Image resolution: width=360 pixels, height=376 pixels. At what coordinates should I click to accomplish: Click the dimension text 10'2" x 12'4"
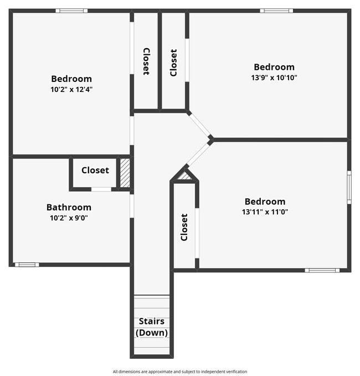click(x=71, y=89)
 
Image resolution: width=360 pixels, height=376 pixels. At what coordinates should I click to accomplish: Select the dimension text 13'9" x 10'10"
click(x=274, y=78)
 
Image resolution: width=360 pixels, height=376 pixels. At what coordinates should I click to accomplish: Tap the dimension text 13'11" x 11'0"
click(x=265, y=212)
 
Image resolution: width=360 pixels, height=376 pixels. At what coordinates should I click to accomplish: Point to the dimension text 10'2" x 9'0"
click(x=69, y=218)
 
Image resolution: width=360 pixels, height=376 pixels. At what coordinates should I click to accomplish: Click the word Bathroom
click(x=69, y=208)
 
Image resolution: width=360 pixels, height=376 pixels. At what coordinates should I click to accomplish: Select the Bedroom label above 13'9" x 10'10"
click(x=274, y=67)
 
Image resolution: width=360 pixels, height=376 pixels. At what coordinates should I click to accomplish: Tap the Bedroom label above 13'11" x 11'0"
click(x=265, y=202)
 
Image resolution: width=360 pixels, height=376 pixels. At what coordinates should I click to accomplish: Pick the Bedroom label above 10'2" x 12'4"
click(x=71, y=79)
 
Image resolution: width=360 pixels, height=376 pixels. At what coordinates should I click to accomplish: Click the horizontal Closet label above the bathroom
click(x=95, y=170)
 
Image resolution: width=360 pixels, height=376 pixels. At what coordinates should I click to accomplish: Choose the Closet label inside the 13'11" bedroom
click(x=184, y=227)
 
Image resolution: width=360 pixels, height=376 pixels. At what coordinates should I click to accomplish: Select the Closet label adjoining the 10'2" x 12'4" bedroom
click(x=146, y=61)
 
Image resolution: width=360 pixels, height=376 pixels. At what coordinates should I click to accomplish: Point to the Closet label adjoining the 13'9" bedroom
click(x=173, y=63)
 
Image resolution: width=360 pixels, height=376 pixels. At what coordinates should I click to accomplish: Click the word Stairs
click(x=151, y=321)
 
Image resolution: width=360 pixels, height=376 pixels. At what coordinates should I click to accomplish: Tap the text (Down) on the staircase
click(x=151, y=333)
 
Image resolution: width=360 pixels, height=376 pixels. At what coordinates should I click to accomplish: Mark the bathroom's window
click(x=26, y=265)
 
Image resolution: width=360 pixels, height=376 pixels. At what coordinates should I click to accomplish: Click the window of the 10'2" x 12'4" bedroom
click(x=71, y=11)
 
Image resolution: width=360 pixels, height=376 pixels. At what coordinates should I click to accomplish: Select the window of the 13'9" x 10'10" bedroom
click(x=276, y=11)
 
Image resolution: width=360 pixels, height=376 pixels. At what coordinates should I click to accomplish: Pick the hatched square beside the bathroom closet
click(x=125, y=173)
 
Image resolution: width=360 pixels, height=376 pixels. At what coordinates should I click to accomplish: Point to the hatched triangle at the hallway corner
click(x=184, y=176)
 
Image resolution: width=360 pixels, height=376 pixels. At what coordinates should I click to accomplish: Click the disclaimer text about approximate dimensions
click(x=179, y=372)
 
